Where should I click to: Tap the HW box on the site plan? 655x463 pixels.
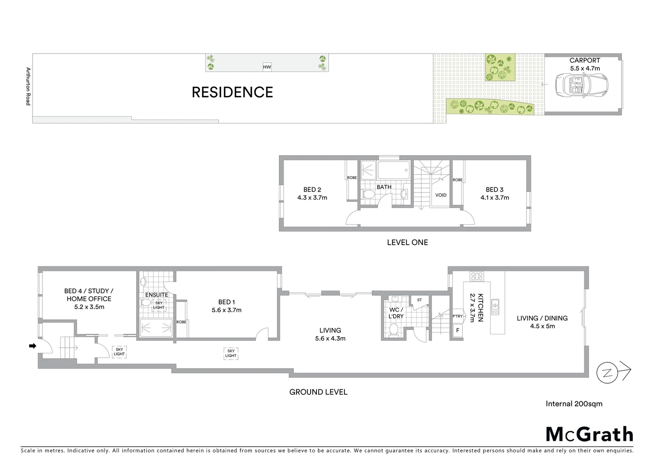pos(267,67)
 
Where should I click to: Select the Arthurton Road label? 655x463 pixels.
pos(28,86)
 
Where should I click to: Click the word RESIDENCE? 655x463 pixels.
pos(232,92)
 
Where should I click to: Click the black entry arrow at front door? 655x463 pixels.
pos(33,346)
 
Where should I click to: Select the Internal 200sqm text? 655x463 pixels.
pos(574,403)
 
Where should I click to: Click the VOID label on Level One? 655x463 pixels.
pos(441,195)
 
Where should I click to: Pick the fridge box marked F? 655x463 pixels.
pos(458,331)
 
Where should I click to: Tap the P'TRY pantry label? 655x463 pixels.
pos(458,316)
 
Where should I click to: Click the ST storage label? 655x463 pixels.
pos(419,300)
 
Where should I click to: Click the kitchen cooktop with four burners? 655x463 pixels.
pos(476,277)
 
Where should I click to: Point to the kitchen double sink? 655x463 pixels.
pos(495,307)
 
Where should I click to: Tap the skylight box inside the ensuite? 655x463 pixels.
pos(159,305)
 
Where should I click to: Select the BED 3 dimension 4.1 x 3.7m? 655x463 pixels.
pos(494,198)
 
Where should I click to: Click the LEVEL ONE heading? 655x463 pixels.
pos(407,242)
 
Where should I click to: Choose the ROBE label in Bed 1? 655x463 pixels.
pos(181,322)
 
